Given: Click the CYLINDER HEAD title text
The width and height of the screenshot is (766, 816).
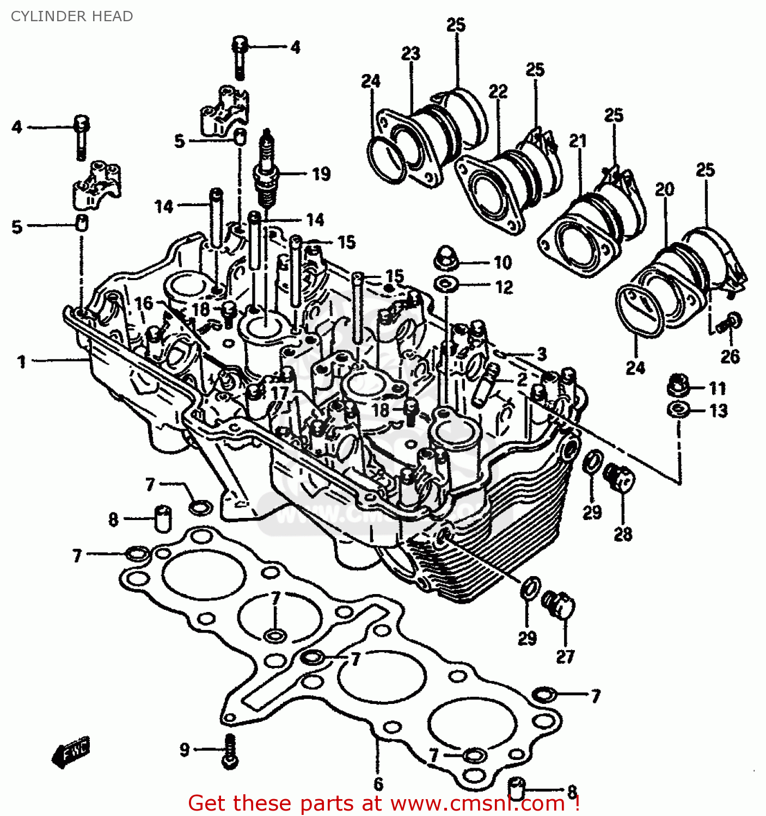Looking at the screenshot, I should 72,16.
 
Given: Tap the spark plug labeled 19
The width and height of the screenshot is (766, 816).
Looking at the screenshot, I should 266,171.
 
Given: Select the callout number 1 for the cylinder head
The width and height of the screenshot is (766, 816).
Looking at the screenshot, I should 21,362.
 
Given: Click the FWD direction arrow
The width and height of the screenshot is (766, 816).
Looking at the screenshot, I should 71,753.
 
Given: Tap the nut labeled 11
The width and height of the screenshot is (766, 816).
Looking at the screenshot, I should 678,387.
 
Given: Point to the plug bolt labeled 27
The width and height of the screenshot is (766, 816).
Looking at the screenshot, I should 559,604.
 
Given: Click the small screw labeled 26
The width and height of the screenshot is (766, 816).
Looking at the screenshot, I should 730,323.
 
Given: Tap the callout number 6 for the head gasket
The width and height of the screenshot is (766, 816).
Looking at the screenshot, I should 378,784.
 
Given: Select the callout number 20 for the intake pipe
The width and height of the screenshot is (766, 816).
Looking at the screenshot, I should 664,189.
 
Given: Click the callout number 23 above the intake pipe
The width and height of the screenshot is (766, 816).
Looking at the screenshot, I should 410,53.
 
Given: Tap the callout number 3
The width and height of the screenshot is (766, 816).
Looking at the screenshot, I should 541,354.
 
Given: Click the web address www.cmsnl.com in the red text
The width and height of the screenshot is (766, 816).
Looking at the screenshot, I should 477,803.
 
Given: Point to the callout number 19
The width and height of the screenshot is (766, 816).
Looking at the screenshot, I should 321,174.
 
